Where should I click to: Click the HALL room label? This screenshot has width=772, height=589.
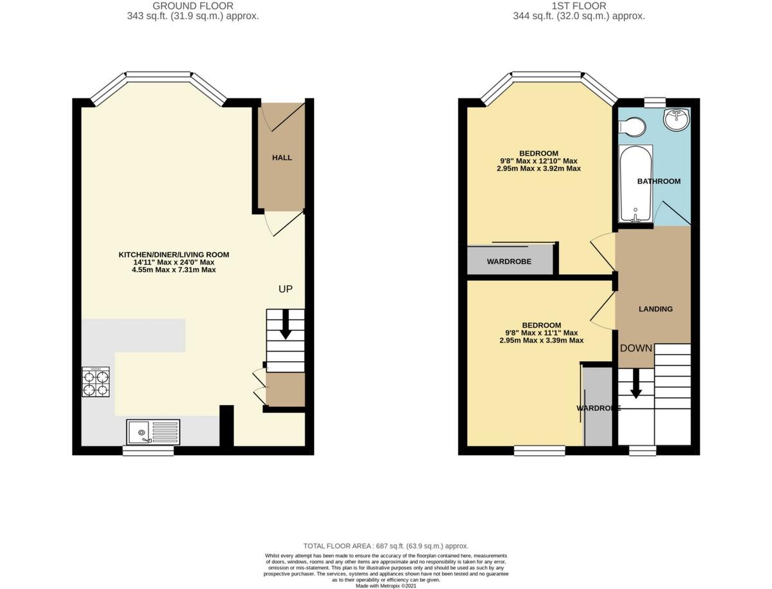(282, 158)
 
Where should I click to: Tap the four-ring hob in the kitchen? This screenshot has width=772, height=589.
(95, 382)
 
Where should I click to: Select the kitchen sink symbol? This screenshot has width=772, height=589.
(153, 431)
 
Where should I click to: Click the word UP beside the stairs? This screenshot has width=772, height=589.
(286, 289)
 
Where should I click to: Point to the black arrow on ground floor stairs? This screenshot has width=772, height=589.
(285, 326)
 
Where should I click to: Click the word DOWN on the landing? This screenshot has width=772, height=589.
(636, 348)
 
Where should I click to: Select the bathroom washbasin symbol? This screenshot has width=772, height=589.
(675, 120)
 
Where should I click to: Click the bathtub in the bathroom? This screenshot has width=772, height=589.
(636, 184)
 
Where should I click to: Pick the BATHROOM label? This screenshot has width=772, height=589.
(659, 182)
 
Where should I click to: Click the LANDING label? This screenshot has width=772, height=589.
(656, 309)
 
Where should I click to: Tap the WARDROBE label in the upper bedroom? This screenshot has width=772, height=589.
(509, 261)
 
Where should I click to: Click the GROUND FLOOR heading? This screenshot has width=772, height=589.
(193, 6)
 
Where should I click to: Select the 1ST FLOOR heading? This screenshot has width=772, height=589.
(578, 6)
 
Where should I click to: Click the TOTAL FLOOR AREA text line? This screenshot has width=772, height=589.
(386, 545)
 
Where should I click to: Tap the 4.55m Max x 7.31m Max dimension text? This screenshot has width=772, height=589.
(174, 270)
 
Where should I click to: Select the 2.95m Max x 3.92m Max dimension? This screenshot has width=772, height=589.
(538, 169)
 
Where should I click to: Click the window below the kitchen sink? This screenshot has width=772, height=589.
(149, 452)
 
